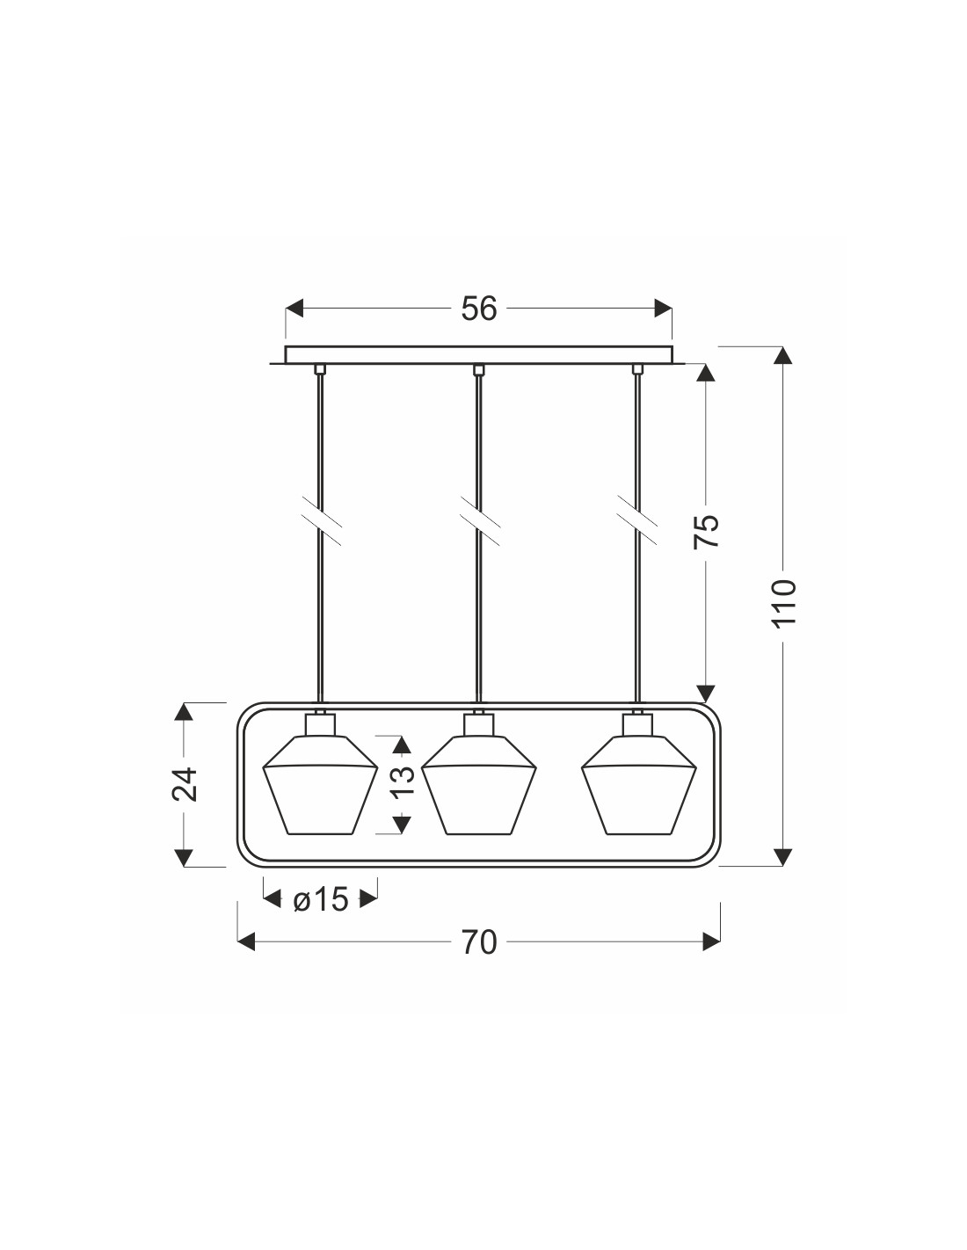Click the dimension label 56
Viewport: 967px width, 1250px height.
[x=478, y=309]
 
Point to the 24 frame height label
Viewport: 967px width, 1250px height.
[x=184, y=784]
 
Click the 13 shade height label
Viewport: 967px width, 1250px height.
[x=402, y=781]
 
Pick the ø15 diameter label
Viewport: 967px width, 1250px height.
[x=321, y=900]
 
